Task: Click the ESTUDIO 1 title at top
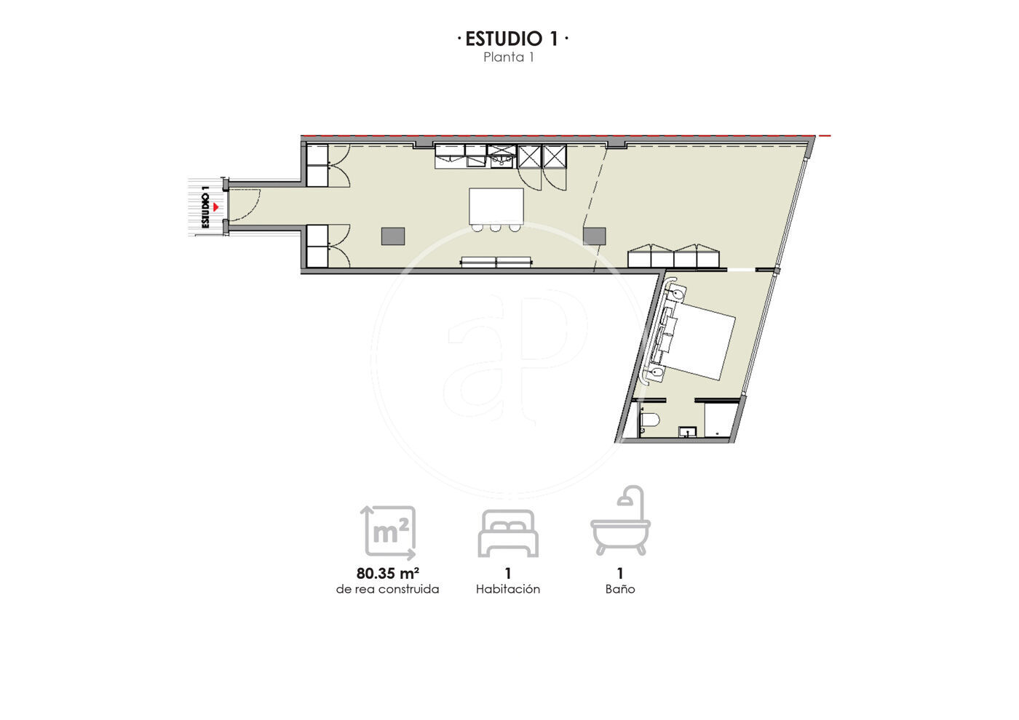click(512, 39)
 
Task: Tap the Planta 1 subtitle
click(508, 57)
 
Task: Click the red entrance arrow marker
click(215, 207)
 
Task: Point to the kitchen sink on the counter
click(501, 156)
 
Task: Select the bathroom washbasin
click(687, 432)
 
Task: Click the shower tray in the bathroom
click(721, 420)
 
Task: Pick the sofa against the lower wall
click(496, 262)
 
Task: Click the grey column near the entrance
click(393, 236)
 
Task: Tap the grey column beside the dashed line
click(594, 236)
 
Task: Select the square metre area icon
click(388, 532)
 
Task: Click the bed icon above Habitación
click(508, 534)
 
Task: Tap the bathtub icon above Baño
click(620, 521)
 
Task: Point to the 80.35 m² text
click(387, 574)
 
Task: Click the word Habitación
click(508, 590)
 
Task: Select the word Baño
click(620, 590)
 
